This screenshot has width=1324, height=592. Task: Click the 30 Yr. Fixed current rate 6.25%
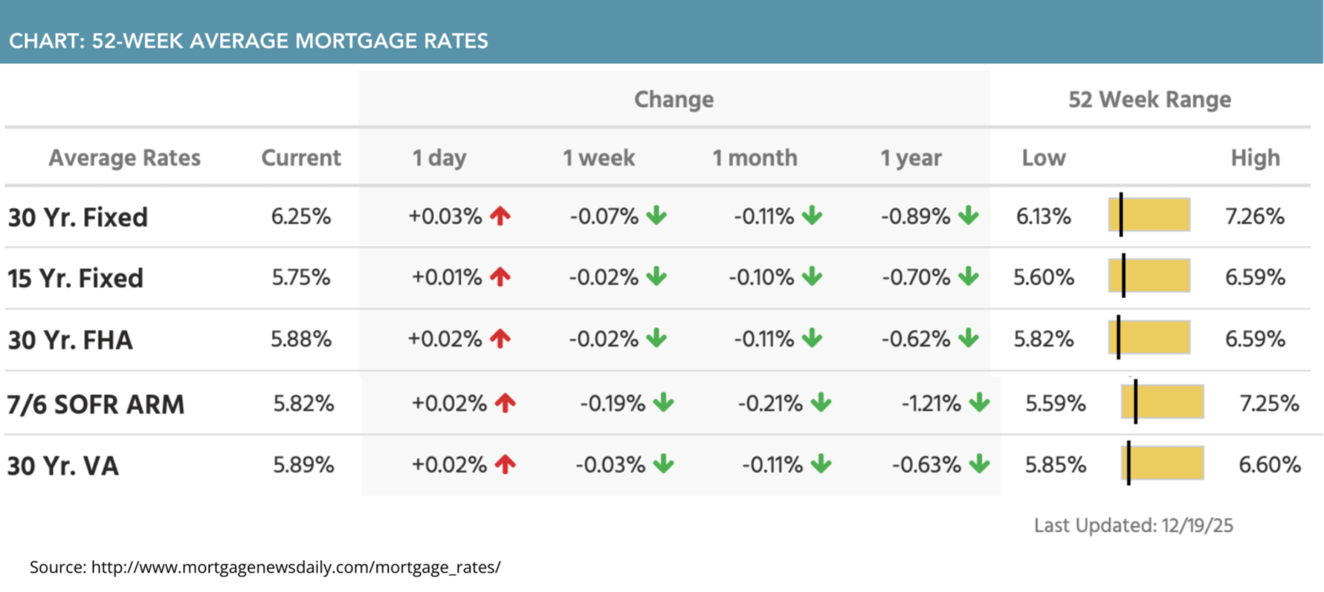[300, 217]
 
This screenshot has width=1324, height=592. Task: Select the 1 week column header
[598, 158]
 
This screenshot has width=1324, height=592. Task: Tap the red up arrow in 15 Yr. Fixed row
[500, 277]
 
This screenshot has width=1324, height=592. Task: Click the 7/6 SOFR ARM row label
[96, 405]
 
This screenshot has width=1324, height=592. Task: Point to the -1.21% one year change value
[931, 403]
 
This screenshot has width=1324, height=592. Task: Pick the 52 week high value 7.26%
[1255, 217]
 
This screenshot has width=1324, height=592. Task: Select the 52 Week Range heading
[1149, 100]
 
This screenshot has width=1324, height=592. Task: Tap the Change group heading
[674, 100]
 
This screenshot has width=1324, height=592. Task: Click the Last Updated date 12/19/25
[1197, 526]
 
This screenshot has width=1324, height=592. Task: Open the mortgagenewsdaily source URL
[296, 567]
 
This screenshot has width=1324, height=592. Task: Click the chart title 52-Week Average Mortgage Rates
[248, 41]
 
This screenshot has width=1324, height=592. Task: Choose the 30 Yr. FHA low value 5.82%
[1044, 339]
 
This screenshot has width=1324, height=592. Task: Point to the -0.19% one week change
[613, 403]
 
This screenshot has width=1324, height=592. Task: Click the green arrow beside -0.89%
[968, 216]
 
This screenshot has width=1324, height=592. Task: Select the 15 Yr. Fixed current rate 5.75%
[300, 278]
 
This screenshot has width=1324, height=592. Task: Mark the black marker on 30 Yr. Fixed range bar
[1120, 215]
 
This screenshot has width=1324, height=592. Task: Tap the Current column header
[300, 158]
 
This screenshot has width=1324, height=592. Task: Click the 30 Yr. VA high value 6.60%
[1269, 465]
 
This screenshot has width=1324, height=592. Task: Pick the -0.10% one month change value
[761, 278]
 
